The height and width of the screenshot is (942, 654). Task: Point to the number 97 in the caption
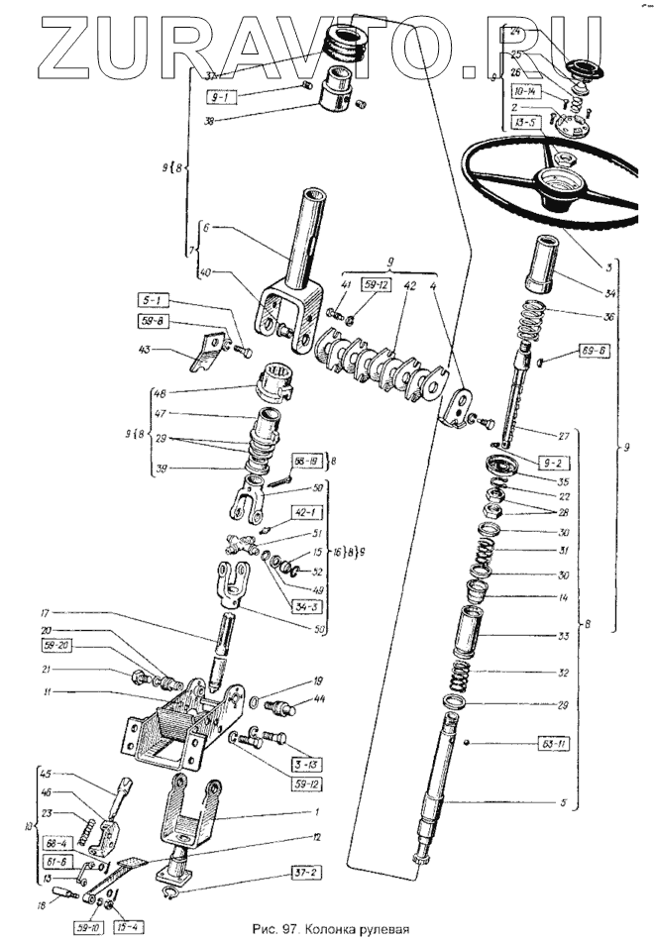coord(287,928)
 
